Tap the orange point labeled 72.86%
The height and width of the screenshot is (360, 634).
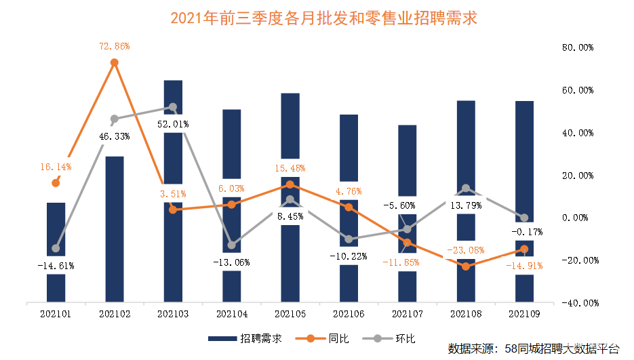115,62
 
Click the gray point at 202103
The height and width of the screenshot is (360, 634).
172,107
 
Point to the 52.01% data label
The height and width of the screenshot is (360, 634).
172,125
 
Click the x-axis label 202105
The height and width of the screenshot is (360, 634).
290,314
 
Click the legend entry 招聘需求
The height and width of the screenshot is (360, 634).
245,338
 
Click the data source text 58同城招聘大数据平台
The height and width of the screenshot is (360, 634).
534,348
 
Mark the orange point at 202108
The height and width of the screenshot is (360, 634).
465,266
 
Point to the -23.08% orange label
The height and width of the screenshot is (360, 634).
465,249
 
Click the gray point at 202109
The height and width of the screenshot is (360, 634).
523,218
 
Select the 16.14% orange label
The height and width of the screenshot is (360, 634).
56,166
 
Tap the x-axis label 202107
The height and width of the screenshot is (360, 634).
407,314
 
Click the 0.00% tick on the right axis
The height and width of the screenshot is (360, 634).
578,218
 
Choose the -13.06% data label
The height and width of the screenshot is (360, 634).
231,262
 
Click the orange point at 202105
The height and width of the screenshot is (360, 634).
290,184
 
